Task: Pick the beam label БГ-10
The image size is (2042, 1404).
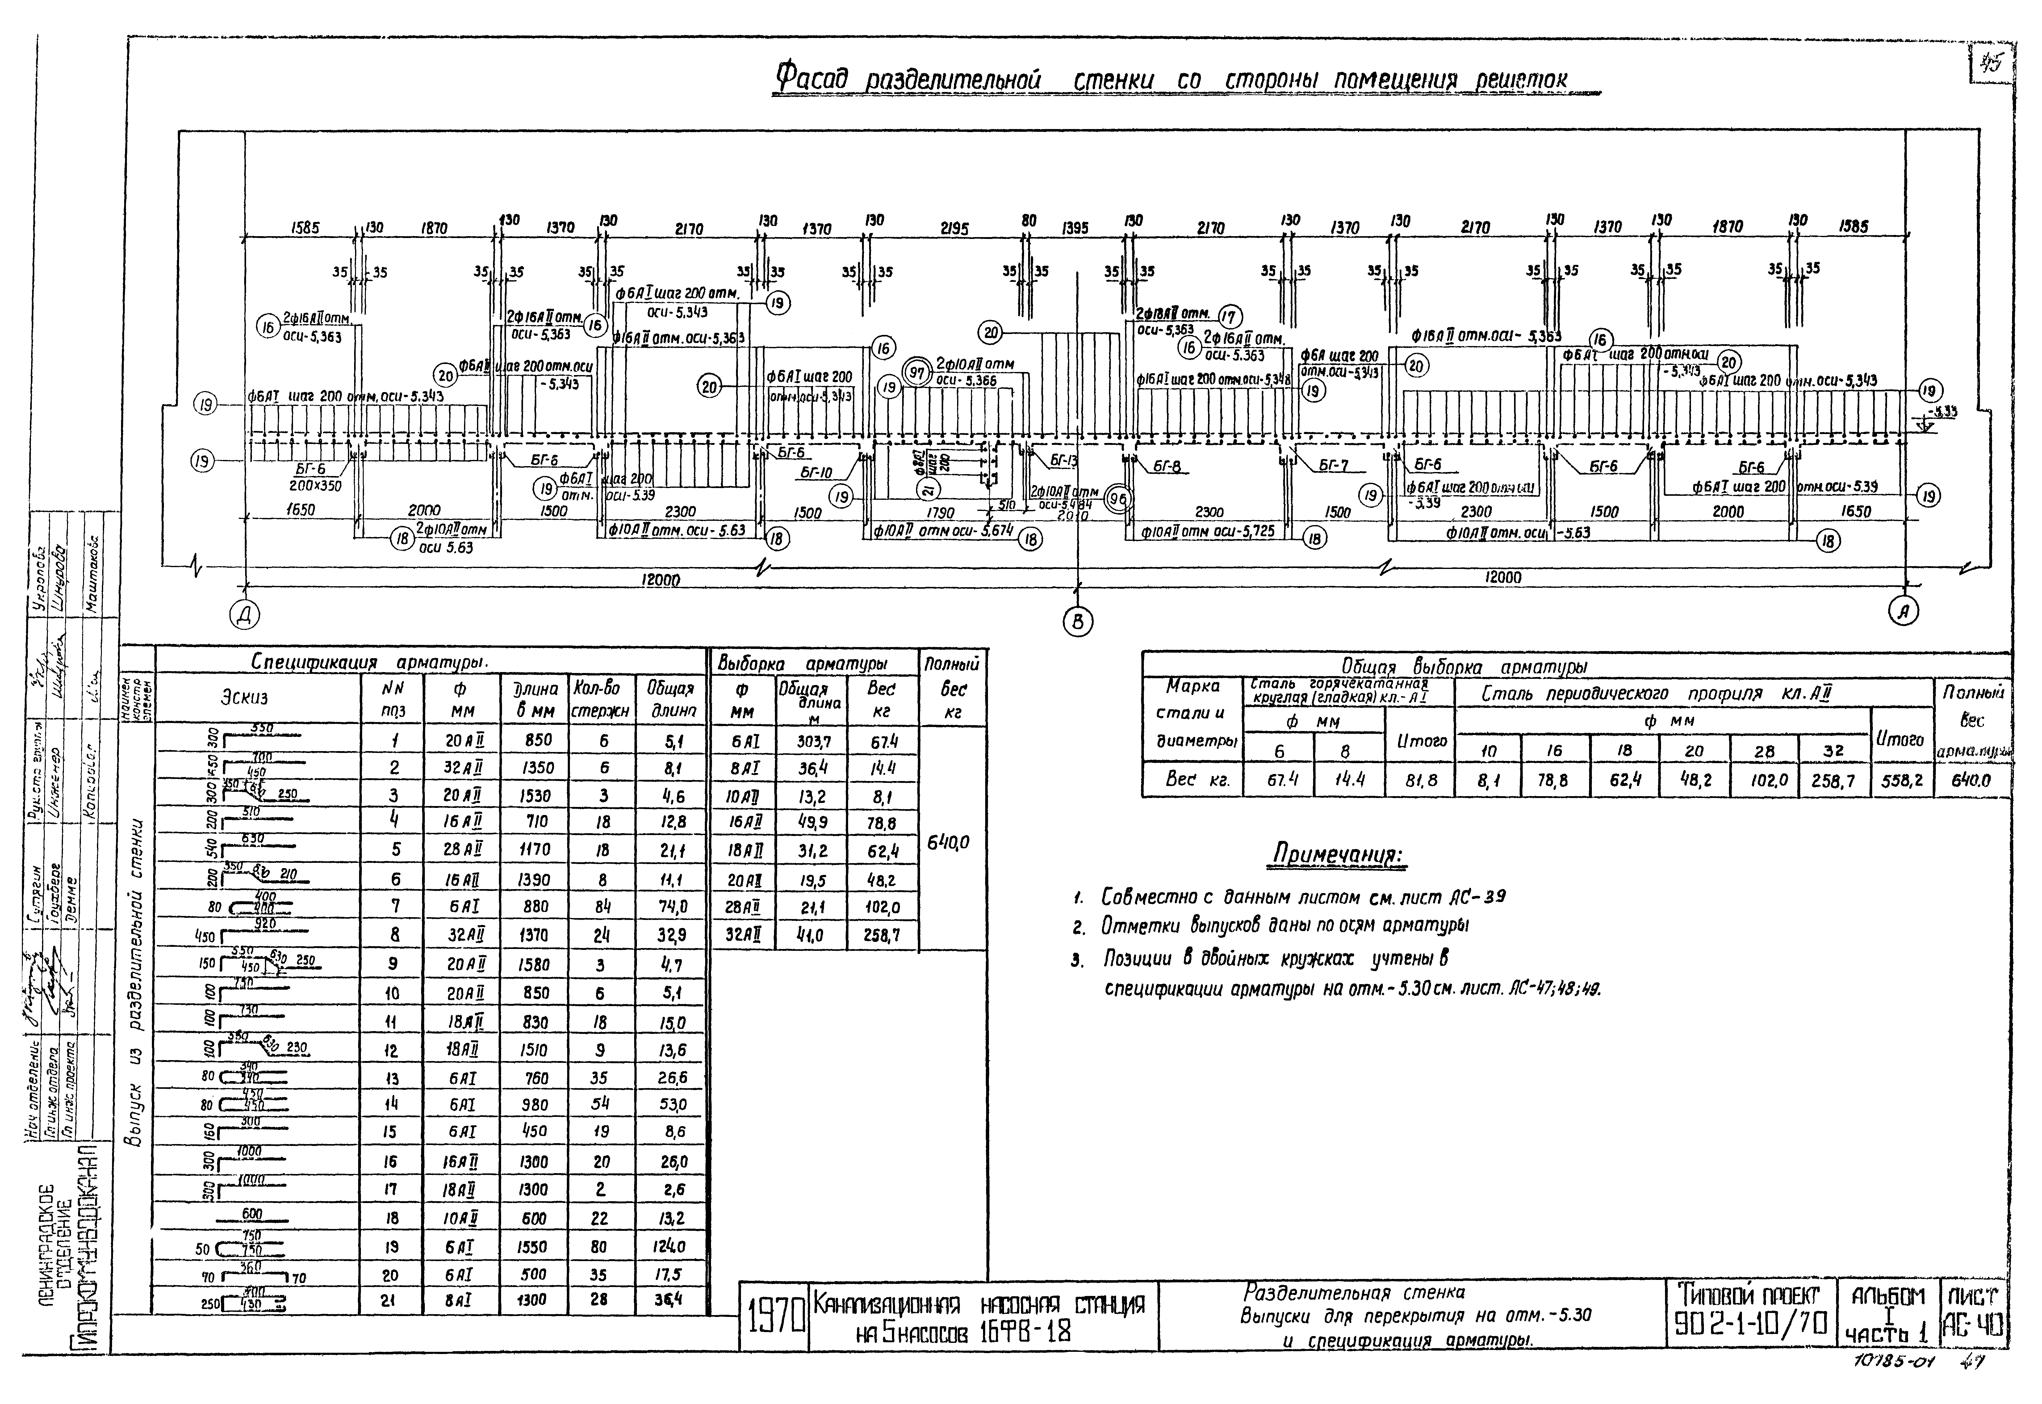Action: point(816,472)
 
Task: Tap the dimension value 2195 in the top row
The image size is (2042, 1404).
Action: point(954,229)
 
